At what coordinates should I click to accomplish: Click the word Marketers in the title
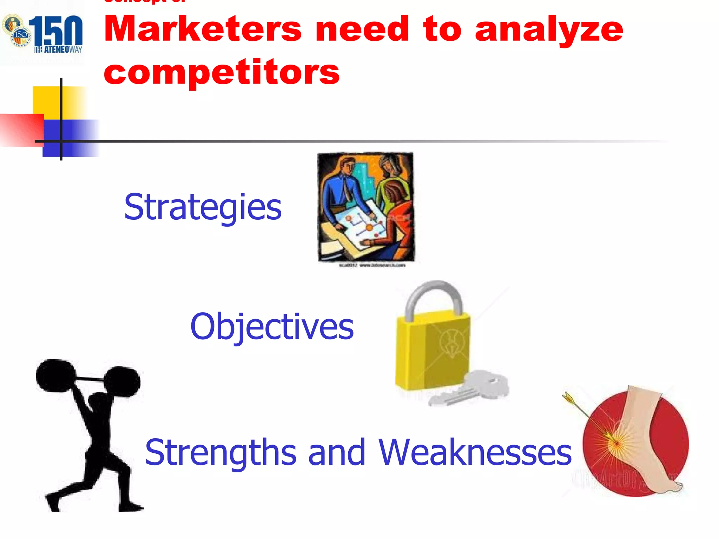203,29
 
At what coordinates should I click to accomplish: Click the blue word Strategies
203,208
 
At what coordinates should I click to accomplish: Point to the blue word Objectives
272,327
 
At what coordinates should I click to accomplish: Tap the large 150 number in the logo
56,32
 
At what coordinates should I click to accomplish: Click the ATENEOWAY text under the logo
58,49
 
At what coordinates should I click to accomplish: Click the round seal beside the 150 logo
17,30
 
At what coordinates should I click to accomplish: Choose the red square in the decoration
21,130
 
